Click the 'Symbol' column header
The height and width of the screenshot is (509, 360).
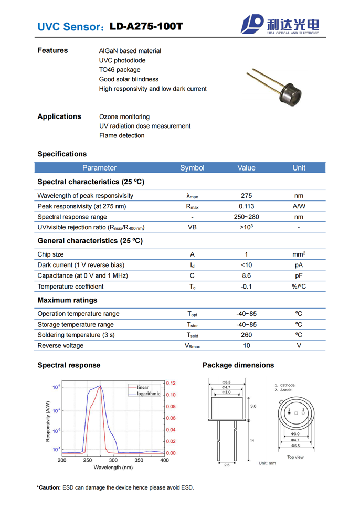coord(192,168)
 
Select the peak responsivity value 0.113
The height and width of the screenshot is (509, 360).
coord(246,206)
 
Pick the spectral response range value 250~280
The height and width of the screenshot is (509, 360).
coord(246,217)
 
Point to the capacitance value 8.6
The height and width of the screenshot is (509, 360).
coord(246,275)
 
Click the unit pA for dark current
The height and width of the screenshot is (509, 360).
coord(299,265)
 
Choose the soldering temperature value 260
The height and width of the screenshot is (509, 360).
coord(246,335)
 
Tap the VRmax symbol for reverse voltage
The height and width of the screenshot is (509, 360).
coord(192,346)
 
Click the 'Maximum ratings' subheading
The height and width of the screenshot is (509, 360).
coord(67,300)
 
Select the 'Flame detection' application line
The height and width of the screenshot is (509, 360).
coord(122,135)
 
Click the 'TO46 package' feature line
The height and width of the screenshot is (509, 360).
coord(120,70)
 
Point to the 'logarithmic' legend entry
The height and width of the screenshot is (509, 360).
coord(149,394)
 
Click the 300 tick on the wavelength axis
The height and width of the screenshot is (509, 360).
coord(113,460)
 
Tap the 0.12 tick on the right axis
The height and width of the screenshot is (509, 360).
coord(171,384)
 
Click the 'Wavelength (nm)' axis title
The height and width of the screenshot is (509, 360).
coord(113,468)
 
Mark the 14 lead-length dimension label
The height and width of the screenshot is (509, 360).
coord(252,441)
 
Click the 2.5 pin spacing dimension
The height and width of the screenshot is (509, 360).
coord(227,465)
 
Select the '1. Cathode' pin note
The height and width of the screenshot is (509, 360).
coord(285,385)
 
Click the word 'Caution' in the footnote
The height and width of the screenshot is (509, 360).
coord(48,488)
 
